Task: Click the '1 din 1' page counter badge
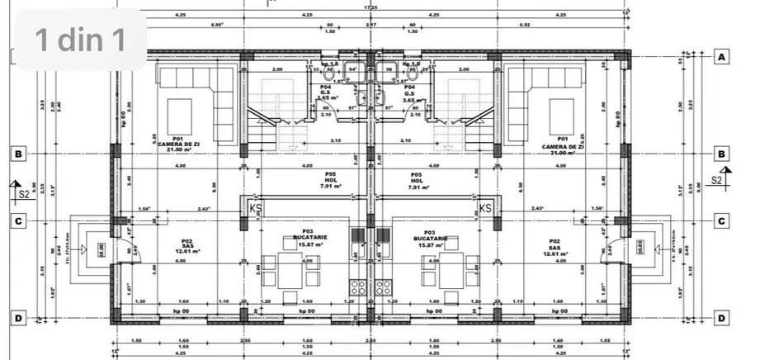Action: tap(80, 40)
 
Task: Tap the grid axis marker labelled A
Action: tap(722, 57)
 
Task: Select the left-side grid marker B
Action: tap(16, 153)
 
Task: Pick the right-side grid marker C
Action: tap(722, 220)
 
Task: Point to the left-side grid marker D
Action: tap(16, 317)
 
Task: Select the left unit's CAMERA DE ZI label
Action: tap(177, 146)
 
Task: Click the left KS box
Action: tap(257, 206)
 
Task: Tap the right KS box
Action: tap(485, 206)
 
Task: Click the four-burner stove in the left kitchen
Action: tap(360, 288)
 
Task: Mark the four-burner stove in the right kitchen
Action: tap(383, 288)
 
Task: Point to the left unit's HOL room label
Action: tap(329, 180)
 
